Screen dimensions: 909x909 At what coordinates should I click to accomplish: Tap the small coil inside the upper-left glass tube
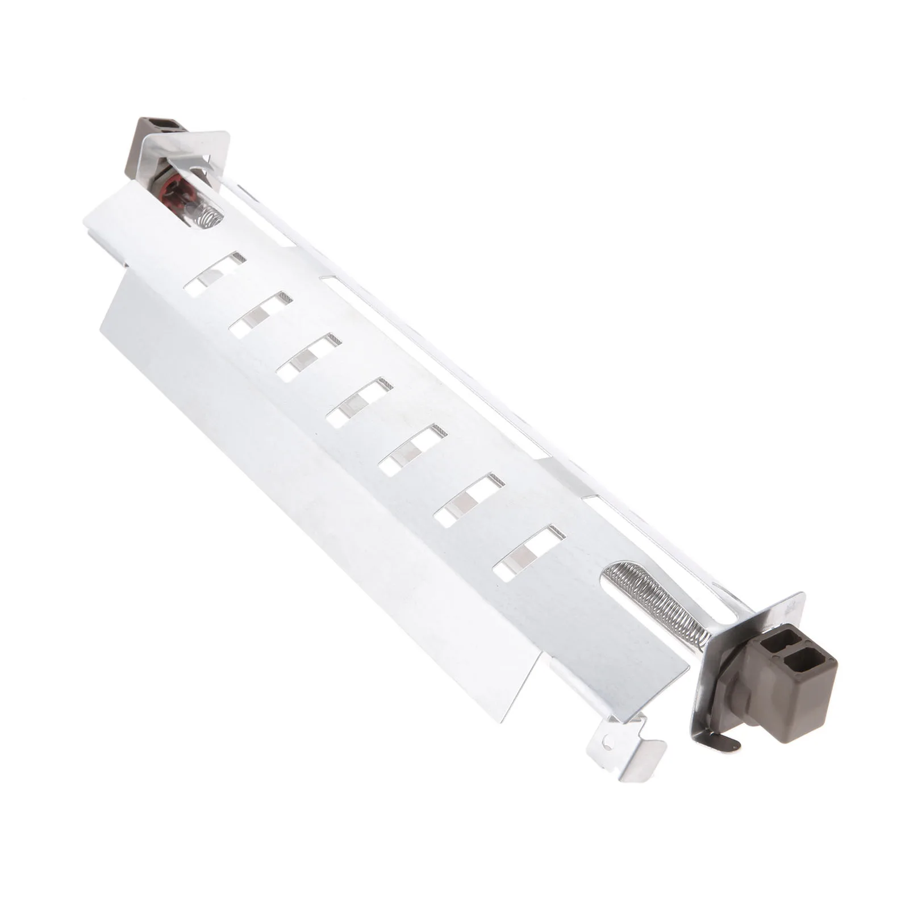point(208,218)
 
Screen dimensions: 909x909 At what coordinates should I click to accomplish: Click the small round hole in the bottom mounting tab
point(609,742)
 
